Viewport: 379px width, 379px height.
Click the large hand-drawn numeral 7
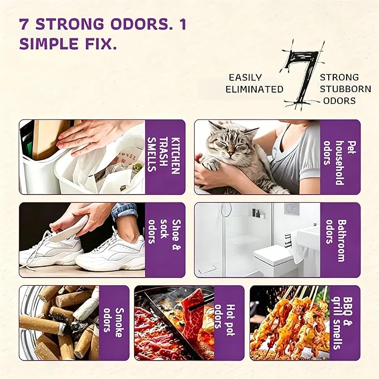[x=301, y=75]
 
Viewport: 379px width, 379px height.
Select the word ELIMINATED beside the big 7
[x=255, y=89]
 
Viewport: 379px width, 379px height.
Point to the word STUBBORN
[x=346, y=89]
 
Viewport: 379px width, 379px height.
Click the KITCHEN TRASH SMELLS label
[x=164, y=155]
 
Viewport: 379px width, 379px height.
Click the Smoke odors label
[x=113, y=322]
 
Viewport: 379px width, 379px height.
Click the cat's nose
[x=231, y=153]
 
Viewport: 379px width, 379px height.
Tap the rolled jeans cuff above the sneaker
[x=124, y=212]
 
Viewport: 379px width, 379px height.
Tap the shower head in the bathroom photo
[x=227, y=207]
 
